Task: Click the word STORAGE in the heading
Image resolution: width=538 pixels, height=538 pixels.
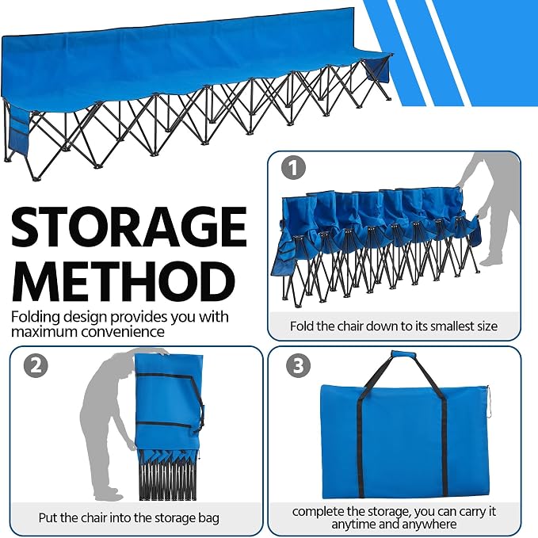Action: click(129, 227)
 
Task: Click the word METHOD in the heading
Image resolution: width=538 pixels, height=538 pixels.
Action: click(124, 282)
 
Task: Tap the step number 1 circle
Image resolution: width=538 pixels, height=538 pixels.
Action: click(293, 168)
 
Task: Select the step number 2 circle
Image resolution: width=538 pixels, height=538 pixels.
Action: click(36, 365)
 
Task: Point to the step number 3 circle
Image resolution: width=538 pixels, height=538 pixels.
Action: click(298, 365)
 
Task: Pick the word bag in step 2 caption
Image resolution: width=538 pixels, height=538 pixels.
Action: click(209, 518)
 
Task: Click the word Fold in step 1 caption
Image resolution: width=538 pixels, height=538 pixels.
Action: click(302, 326)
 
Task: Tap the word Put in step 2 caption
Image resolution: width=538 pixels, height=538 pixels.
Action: click(48, 517)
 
